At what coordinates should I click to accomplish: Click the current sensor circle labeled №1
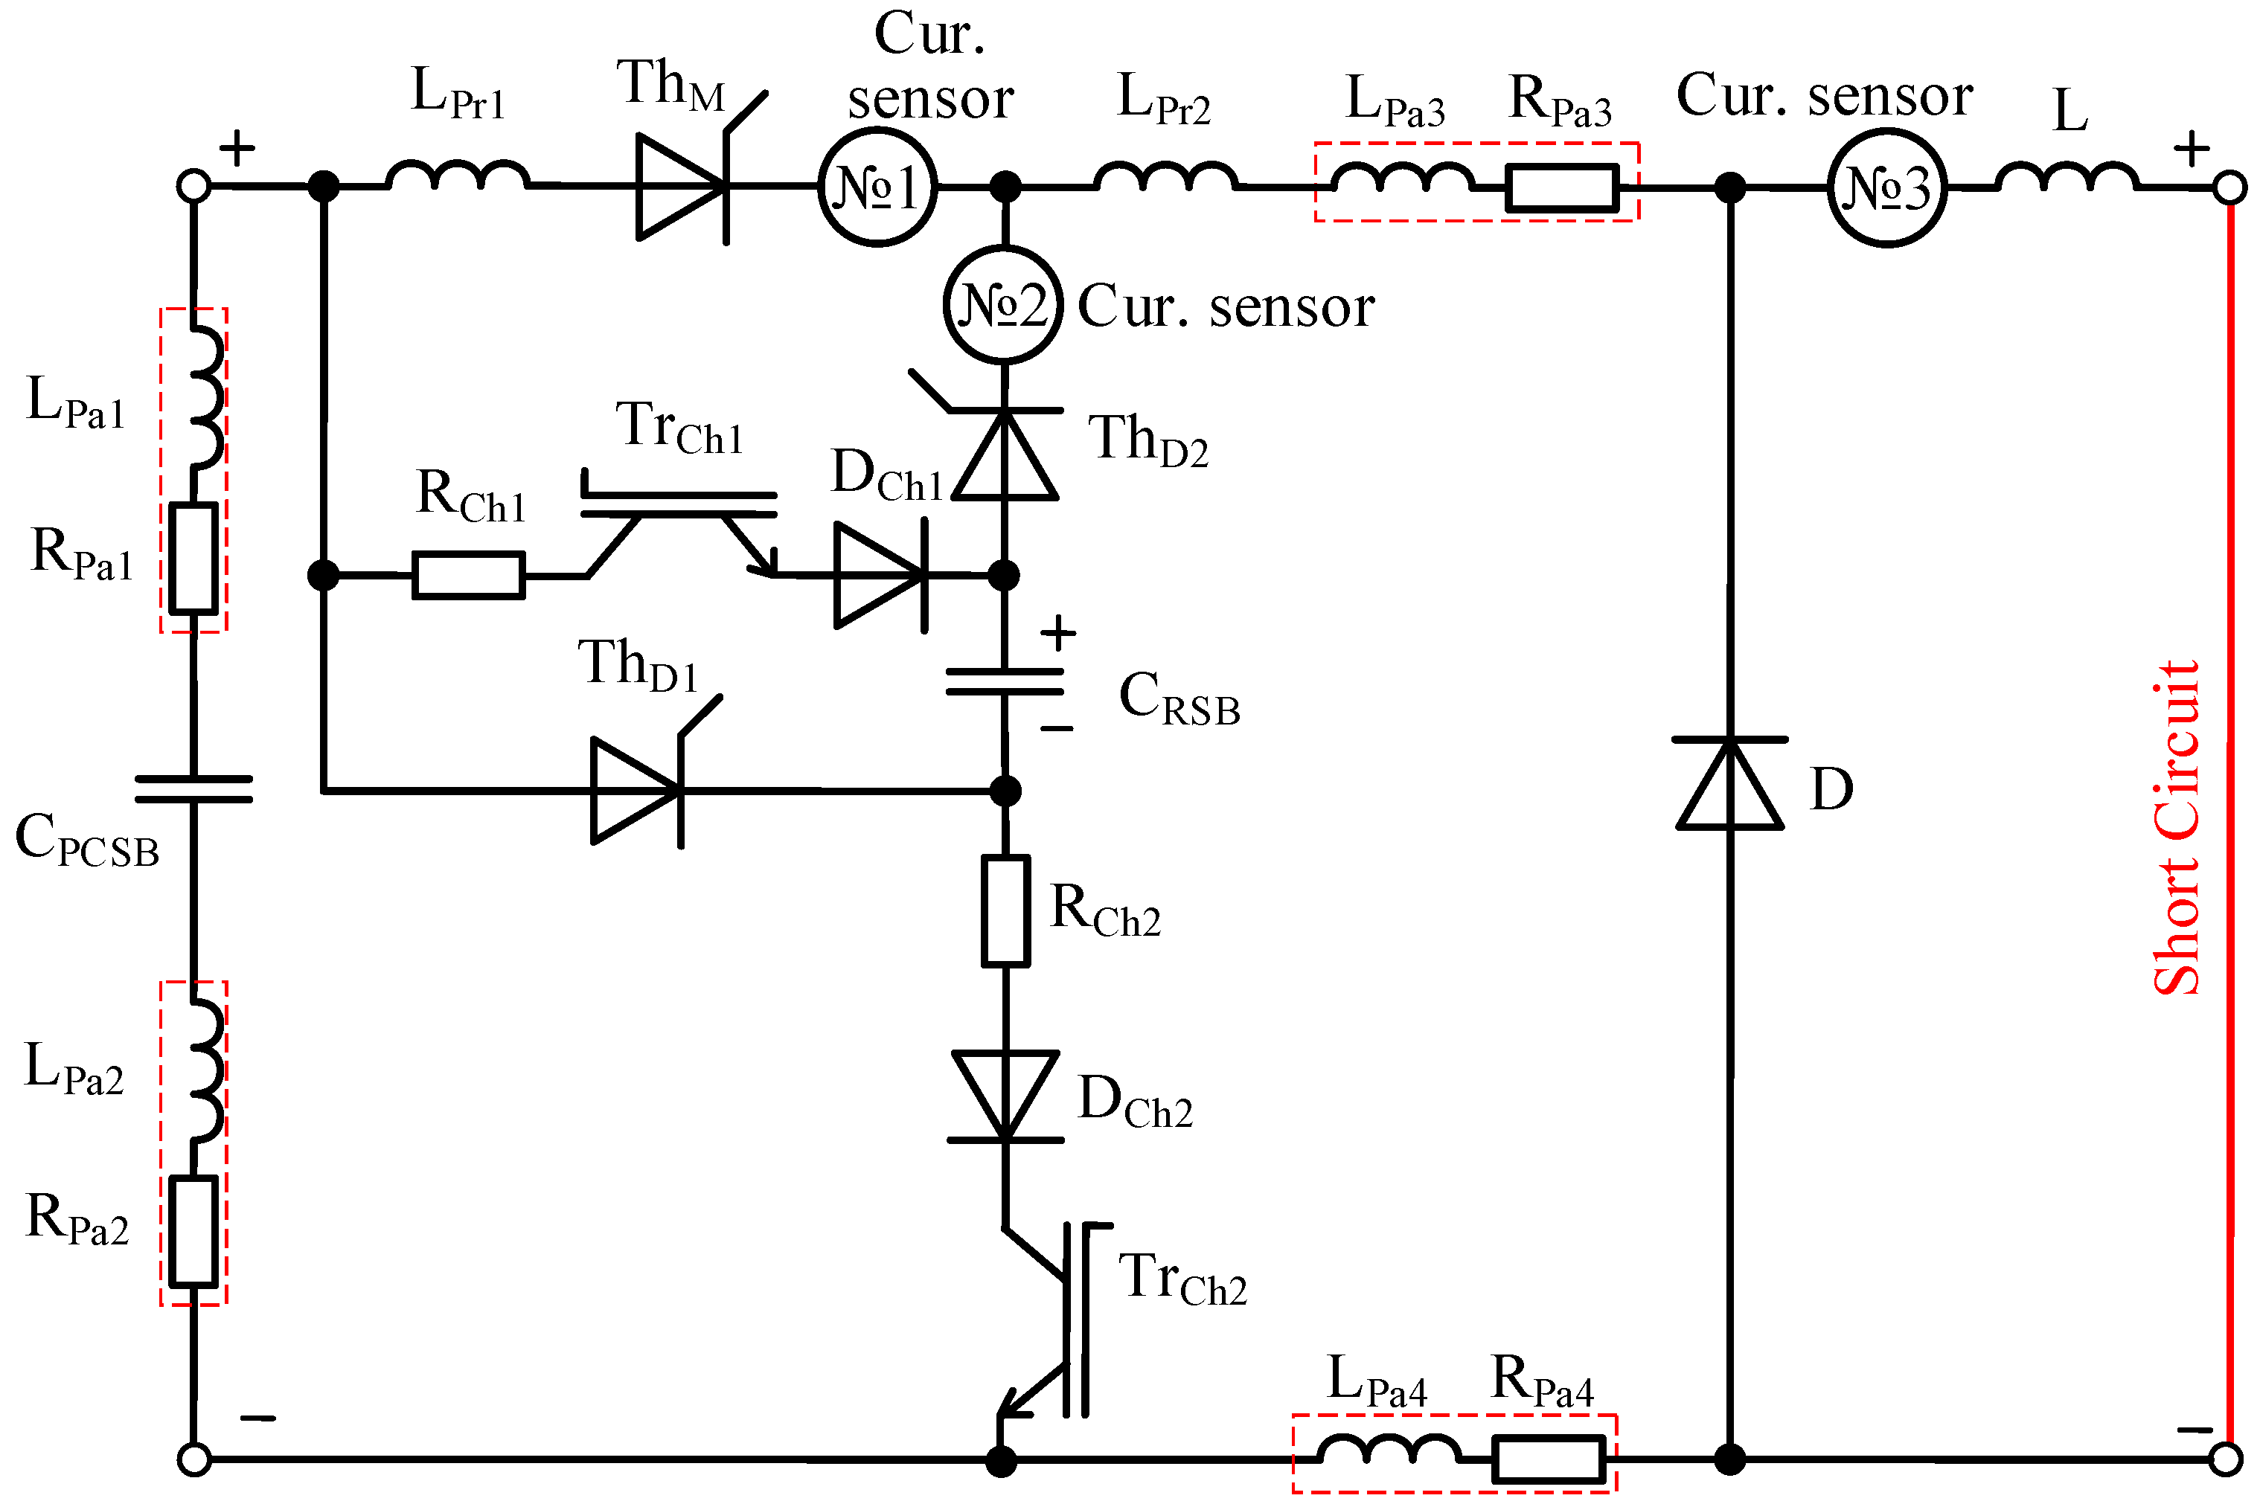pos(877,187)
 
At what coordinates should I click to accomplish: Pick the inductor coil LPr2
pos(1165,177)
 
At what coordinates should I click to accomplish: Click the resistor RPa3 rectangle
pos(1562,187)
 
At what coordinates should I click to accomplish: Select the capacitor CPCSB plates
pos(193,789)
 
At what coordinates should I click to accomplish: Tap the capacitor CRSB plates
pos(1005,682)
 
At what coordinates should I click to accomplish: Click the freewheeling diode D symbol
pos(1729,783)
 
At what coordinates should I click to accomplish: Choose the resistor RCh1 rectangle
pos(468,576)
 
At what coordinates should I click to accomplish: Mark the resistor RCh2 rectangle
pos(1005,911)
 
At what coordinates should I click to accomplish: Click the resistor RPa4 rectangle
pos(1548,1459)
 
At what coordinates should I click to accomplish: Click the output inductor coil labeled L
pos(2067,178)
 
